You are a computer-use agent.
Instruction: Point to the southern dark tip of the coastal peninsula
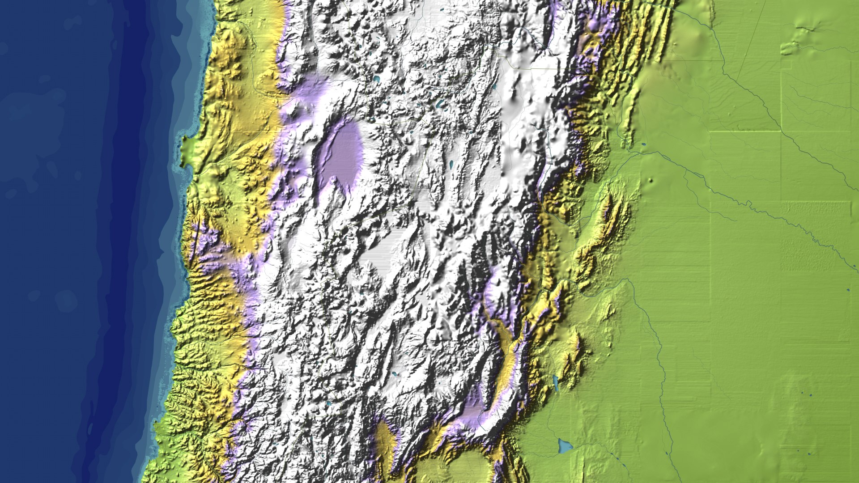pos(183,165)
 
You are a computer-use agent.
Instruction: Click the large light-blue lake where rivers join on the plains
pos(565,445)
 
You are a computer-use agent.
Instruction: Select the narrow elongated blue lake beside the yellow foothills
pos(555,384)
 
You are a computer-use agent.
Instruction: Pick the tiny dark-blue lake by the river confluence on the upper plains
pos(643,144)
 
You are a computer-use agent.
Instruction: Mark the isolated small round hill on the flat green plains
pos(650,181)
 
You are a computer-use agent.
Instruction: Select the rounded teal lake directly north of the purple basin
pos(376,79)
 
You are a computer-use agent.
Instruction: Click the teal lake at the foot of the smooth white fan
pos(395,373)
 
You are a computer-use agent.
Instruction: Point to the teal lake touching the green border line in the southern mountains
pos(329,403)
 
